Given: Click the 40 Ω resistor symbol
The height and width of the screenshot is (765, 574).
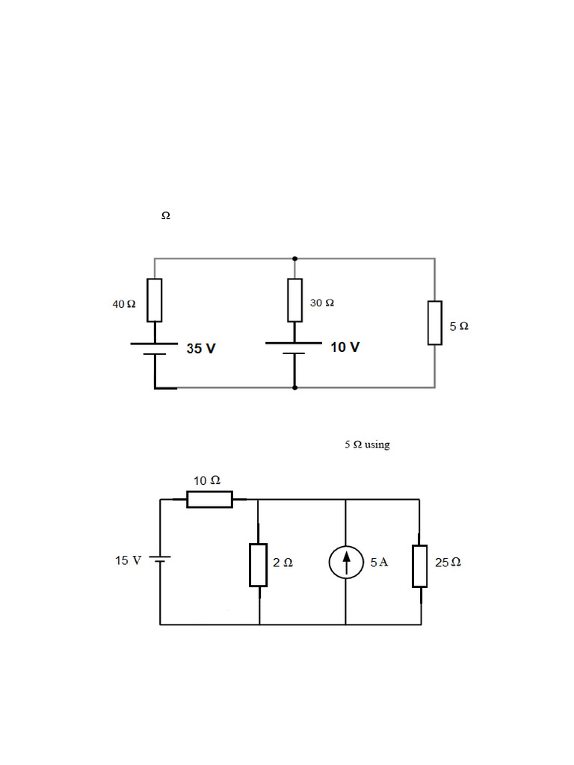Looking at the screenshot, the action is pyautogui.click(x=155, y=300).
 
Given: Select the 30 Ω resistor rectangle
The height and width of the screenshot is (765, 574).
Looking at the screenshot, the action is pyautogui.click(x=294, y=300).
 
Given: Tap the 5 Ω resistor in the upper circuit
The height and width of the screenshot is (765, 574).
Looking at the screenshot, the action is pyautogui.click(x=435, y=323).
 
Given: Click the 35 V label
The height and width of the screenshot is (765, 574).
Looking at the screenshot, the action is pyautogui.click(x=201, y=348).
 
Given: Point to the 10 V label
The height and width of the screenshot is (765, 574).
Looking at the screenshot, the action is pyautogui.click(x=345, y=347).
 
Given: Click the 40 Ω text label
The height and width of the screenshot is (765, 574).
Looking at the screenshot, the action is pyautogui.click(x=124, y=304).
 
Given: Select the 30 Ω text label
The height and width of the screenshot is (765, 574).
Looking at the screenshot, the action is pyautogui.click(x=322, y=303).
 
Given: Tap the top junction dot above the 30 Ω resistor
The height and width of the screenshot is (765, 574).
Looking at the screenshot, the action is pyautogui.click(x=294, y=258).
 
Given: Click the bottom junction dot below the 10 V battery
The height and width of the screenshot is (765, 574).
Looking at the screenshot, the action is pyautogui.click(x=294, y=388).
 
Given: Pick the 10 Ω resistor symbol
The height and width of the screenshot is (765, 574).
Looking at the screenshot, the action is pyautogui.click(x=209, y=499).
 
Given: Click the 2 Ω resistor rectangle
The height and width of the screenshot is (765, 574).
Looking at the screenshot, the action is pyautogui.click(x=258, y=565).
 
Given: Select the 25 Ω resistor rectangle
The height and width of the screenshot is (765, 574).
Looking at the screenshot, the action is pyautogui.click(x=420, y=566).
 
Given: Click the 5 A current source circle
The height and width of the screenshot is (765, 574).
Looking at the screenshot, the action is pyautogui.click(x=346, y=562).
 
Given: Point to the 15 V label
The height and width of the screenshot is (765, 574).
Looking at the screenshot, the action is pyautogui.click(x=129, y=560).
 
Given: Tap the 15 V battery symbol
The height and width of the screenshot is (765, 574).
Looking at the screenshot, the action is pyautogui.click(x=160, y=559).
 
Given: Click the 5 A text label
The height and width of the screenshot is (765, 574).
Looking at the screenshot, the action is pyautogui.click(x=379, y=562).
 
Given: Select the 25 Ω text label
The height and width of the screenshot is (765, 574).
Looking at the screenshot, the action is pyautogui.click(x=448, y=563).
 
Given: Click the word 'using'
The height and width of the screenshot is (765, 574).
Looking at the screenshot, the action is pyautogui.click(x=377, y=445).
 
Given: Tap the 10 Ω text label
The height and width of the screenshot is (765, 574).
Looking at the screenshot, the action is pyautogui.click(x=207, y=480).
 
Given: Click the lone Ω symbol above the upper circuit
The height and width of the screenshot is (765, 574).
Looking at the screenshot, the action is pyautogui.click(x=166, y=215).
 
